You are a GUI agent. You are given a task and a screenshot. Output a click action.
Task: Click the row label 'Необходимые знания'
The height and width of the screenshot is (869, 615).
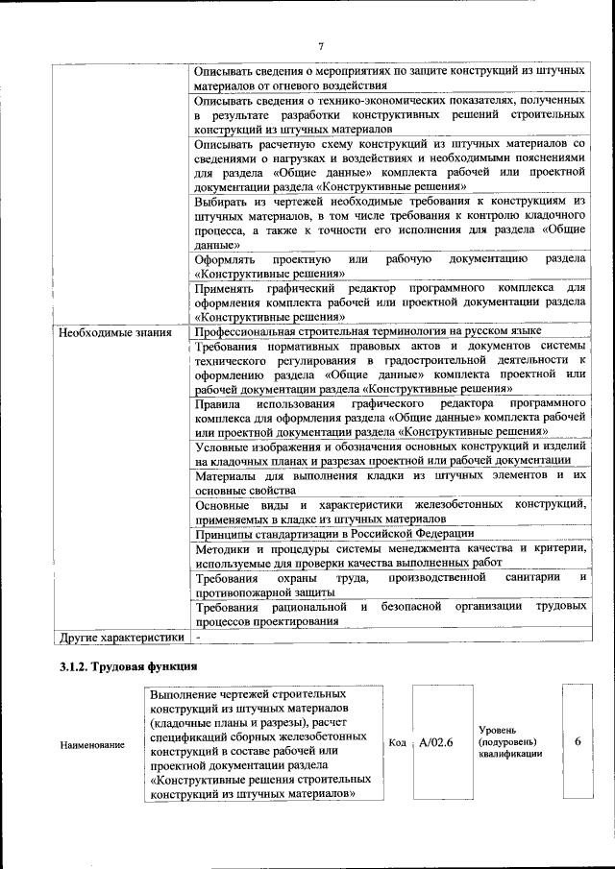click(x=114, y=333)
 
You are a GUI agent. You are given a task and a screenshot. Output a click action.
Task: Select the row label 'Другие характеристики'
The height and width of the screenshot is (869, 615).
click(x=121, y=636)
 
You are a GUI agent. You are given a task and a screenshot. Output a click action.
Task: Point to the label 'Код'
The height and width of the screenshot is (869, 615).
click(x=398, y=743)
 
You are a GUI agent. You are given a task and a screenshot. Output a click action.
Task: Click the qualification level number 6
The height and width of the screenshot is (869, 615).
click(x=578, y=741)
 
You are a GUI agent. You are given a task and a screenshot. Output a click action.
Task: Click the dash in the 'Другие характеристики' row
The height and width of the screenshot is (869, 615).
click(x=197, y=636)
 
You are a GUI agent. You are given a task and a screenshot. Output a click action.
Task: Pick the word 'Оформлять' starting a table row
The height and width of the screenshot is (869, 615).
click(x=224, y=259)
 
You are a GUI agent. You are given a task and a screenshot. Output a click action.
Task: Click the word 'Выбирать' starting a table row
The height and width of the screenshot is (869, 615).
click(x=222, y=202)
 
